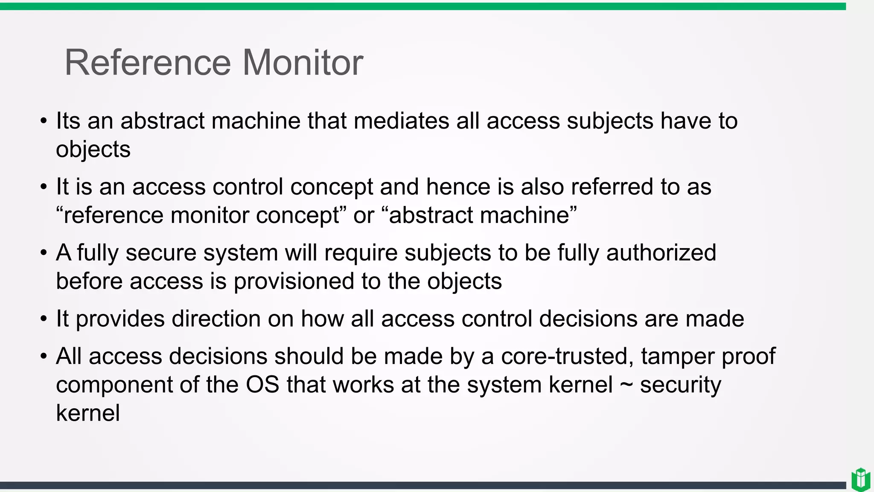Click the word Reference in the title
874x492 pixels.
[x=148, y=63]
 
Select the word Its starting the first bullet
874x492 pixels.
[x=68, y=121]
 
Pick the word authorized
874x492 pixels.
[x=661, y=253]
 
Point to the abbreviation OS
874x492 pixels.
[x=262, y=385]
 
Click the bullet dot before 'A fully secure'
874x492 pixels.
[x=44, y=253]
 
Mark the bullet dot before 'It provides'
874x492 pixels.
[x=44, y=319]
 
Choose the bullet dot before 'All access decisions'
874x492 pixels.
[x=44, y=356]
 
